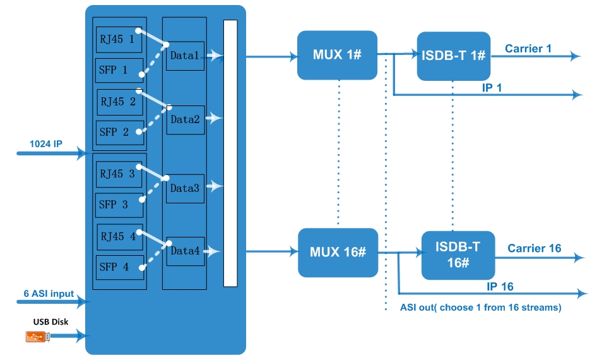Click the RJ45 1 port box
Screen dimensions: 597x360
tap(119, 40)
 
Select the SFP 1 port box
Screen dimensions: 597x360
tap(119, 70)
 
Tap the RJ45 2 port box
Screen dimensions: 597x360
tap(120, 102)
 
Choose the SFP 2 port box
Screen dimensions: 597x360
tap(120, 133)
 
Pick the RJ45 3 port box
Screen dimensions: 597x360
tap(119, 174)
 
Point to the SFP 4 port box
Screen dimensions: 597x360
tap(120, 267)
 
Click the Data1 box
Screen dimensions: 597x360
tap(185, 56)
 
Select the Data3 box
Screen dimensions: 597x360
tap(185, 189)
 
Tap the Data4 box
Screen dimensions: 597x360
tap(186, 251)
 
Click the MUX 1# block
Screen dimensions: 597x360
tap(337, 55)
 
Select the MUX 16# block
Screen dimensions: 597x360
tap(338, 253)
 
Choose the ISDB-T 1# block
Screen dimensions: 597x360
tap(454, 56)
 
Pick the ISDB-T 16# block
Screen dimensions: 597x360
tap(458, 255)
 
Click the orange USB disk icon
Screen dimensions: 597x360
tap(38, 337)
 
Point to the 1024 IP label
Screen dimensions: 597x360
tap(46, 144)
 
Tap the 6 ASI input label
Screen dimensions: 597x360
tap(49, 294)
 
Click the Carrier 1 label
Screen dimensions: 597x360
tap(528, 49)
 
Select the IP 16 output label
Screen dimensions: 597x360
tap(500, 287)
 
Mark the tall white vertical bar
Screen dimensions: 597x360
tap(230, 153)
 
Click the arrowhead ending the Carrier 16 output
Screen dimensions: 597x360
tap(579, 258)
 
